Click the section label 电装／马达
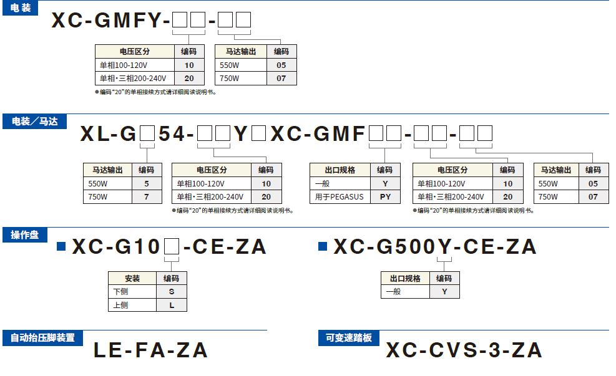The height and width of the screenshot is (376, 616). point(34,122)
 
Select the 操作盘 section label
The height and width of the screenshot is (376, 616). point(25,234)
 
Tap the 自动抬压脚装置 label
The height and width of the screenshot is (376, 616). point(42,337)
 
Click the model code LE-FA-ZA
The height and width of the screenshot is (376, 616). point(150,350)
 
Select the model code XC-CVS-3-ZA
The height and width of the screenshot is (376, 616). point(464,350)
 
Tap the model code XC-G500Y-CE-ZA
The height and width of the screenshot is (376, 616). point(434,247)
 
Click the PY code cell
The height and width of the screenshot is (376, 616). point(385,197)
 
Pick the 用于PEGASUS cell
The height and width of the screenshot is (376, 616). point(340,197)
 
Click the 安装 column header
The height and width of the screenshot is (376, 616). point(132,278)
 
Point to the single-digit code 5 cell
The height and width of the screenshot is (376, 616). point(147,184)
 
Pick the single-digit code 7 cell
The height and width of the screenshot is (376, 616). point(147,197)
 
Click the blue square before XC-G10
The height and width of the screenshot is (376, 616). point(61,246)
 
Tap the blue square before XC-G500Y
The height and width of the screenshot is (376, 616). point(322,246)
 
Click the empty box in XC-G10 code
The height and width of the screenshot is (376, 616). point(171,248)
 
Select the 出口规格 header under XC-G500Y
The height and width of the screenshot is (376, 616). point(406,278)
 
